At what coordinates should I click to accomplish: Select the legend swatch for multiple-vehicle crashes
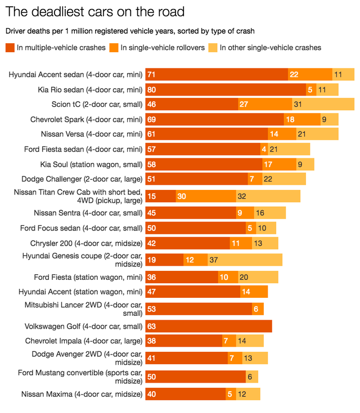[10, 48]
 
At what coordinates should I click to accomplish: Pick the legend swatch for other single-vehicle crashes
[213, 48]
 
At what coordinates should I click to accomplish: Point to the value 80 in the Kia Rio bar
[151, 89]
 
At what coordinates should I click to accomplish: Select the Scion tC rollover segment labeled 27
[244, 104]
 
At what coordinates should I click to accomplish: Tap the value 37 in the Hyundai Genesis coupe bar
[213, 260]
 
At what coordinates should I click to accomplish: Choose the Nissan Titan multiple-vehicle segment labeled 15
[151, 196]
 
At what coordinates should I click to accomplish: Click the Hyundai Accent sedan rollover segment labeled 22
[294, 74]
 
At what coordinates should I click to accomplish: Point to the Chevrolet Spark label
[86, 119]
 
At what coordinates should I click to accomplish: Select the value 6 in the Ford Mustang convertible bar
[250, 376]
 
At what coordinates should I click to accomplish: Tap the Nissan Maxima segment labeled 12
[242, 394]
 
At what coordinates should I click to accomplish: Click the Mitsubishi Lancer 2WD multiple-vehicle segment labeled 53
[151, 309]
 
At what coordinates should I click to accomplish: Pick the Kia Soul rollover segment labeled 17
[268, 164]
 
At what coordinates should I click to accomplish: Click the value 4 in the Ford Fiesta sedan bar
[264, 149]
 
